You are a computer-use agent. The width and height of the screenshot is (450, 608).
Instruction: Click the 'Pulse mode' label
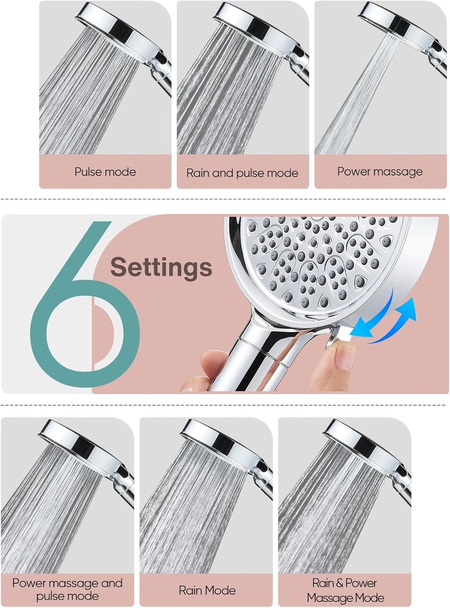[x=105, y=172]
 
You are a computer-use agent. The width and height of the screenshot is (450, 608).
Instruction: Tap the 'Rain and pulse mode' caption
[x=242, y=173]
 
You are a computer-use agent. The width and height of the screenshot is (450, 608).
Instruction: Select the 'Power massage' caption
[x=380, y=172]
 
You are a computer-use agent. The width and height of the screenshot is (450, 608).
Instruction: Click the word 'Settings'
[x=161, y=267]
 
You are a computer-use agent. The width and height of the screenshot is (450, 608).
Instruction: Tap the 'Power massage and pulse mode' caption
[x=67, y=590]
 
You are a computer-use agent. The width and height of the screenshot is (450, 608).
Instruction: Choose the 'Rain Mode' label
[x=207, y=590]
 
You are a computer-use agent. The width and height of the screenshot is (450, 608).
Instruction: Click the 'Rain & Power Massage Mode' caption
[x=345, y=590]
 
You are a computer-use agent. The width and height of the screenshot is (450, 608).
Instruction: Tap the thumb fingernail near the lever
[x=344, y=357]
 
